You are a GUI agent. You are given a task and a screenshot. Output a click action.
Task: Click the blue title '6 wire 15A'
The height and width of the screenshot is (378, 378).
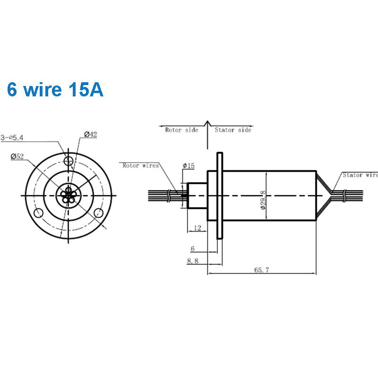point(55,90)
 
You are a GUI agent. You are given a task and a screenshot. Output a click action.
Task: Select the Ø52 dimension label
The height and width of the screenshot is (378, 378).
point(17,156)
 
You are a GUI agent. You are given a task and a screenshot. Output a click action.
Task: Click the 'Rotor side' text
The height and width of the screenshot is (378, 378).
point(181,130)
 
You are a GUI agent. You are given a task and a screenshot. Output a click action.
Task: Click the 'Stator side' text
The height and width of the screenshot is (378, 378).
point(233,130)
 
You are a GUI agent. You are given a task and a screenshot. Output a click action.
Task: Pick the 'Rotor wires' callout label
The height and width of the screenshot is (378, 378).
point(140,166)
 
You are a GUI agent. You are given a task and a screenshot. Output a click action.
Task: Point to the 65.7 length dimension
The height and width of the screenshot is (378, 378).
point(261,270)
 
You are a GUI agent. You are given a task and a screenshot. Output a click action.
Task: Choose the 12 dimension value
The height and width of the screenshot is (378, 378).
point(197,228)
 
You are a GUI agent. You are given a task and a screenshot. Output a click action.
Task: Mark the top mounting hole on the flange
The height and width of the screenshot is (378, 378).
point(69,160)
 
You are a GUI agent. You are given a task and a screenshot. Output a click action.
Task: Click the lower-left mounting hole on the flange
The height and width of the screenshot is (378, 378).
point(39,212)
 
